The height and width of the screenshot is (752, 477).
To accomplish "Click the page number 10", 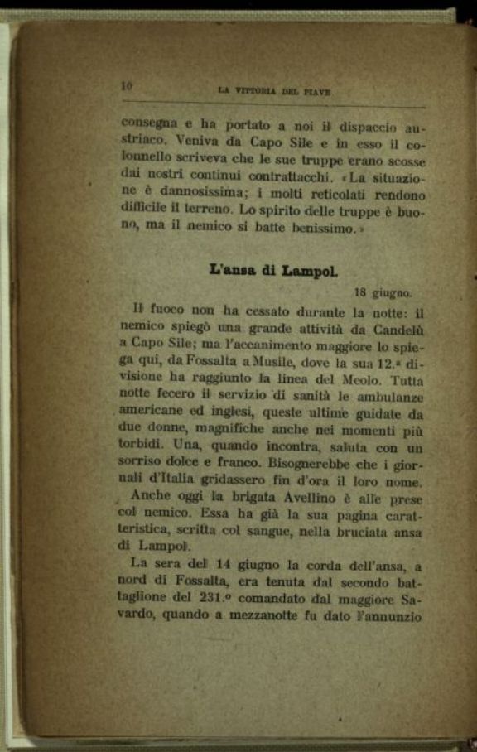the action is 127,85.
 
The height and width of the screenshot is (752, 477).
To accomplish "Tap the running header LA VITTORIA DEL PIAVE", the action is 273,92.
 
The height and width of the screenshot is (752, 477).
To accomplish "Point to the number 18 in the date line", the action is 361,292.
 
